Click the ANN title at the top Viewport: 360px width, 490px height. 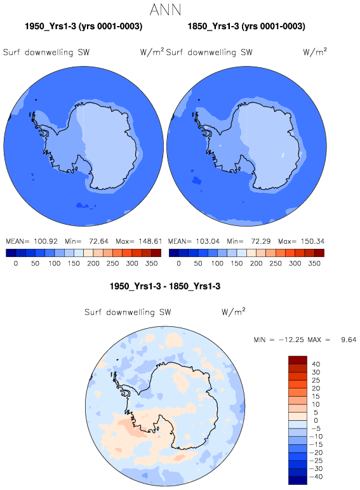(165, 10)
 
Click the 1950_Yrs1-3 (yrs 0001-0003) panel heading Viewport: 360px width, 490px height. (83, 26)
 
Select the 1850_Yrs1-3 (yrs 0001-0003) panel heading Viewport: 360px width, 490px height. (246, 26)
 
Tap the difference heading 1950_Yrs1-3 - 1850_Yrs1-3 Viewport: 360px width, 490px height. (165, 286)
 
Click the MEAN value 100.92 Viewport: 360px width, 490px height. (46, 241)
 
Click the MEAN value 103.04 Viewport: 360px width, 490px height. (208, 241)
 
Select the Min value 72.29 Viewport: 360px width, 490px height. (261, 241)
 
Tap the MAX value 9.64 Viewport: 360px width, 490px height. (349, 340)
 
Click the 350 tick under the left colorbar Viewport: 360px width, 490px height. (152, 263)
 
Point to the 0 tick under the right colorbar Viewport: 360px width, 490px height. (178, 263)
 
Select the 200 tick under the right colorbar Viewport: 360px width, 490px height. (256, 263)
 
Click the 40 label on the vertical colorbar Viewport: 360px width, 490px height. (316, 364)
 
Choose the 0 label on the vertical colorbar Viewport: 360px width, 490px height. (316, 420)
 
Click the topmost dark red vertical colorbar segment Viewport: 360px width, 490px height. (298, 360)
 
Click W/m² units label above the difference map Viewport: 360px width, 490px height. (234, 312)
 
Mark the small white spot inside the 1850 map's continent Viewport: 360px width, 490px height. (283, 154)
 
